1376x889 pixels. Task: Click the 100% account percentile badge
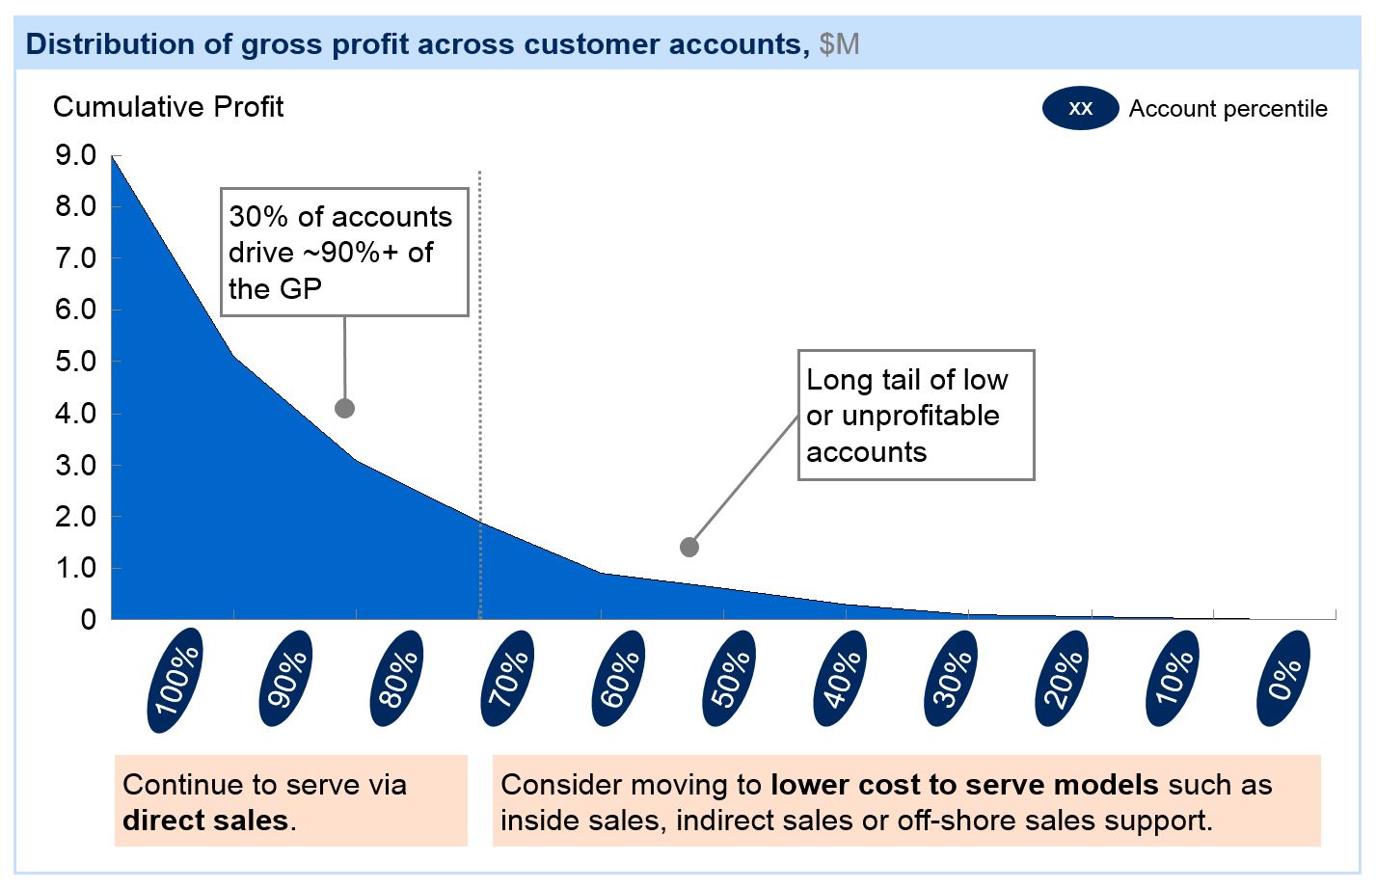coord(175,680)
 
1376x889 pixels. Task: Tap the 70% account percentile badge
coord(507,678)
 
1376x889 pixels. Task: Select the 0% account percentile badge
coord(1283,678)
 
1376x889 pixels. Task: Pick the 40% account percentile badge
coord(840,678)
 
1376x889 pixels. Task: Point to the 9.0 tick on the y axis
coord(75,155)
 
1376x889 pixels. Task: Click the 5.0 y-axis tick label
coord(75,362)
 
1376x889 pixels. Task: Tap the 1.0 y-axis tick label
coord(75,568)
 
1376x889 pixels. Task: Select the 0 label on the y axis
coord(88,620)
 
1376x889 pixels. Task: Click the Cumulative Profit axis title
coord(168,107)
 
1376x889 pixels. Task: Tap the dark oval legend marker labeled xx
coord(1080,109)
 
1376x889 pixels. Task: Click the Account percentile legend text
coord(1228,109)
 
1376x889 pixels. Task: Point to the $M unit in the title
coord(839,44)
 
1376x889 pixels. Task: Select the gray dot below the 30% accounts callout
coord(344,409)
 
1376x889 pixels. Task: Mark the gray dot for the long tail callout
coord(688,548)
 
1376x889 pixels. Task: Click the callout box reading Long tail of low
coord(915,415)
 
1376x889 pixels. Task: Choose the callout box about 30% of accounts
coord(344,253)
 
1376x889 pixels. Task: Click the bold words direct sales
coord(205,821)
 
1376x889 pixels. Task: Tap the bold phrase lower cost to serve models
coord(964,785)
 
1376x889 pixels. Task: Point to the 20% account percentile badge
coord(1062,678)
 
